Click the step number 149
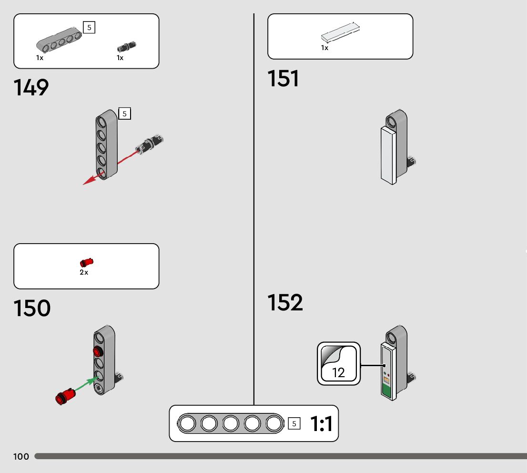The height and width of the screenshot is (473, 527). tap(31, 88)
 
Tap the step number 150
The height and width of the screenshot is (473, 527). tap(32, 308)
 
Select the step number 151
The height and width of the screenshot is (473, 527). tap(284, 79)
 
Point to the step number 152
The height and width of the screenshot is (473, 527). tap(285, 303)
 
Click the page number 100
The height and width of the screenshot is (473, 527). tap(21, 457)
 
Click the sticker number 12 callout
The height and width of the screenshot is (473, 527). tap(339, 364)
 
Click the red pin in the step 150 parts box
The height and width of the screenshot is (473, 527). tap(86, 262)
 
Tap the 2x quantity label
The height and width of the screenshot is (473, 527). tap(84, 273)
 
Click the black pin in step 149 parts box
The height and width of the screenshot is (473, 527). tap(126, 47)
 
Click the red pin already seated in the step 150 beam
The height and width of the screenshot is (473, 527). tap(98, 352)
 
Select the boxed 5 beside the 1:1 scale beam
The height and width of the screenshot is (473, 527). tap(294, 423)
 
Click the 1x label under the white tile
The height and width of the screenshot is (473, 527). tap(324, 48)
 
